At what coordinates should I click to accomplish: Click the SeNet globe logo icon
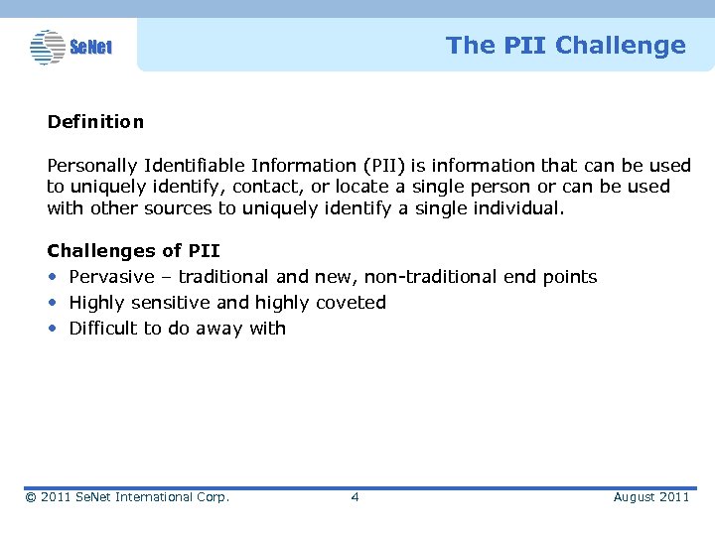pos(47,47)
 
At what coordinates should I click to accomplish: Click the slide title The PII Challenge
pos(565,46)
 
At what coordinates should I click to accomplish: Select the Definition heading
pos(95,122)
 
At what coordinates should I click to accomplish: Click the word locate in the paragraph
pos(362,187)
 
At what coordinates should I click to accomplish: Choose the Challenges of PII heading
pos(133,251)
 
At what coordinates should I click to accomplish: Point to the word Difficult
pos(103,329)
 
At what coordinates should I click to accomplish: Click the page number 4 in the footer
pos(355,497)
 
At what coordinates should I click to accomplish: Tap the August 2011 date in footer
pos(650,497)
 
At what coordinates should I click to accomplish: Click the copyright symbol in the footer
pos(31,497)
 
